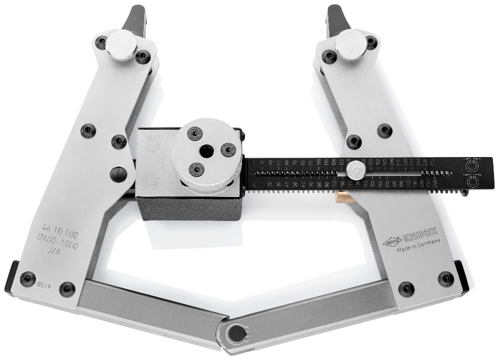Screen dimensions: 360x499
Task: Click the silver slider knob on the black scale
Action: point(356,170)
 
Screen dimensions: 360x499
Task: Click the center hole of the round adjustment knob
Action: point(205,150)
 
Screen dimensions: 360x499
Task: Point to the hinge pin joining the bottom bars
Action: point(234,333)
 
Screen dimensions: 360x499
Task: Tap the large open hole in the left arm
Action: point(119,175)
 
